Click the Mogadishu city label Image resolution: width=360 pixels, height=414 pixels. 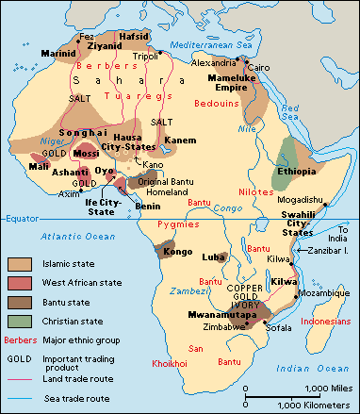(x=301, y=199)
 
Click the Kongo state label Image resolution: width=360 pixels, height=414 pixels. (x=153, y=252)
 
